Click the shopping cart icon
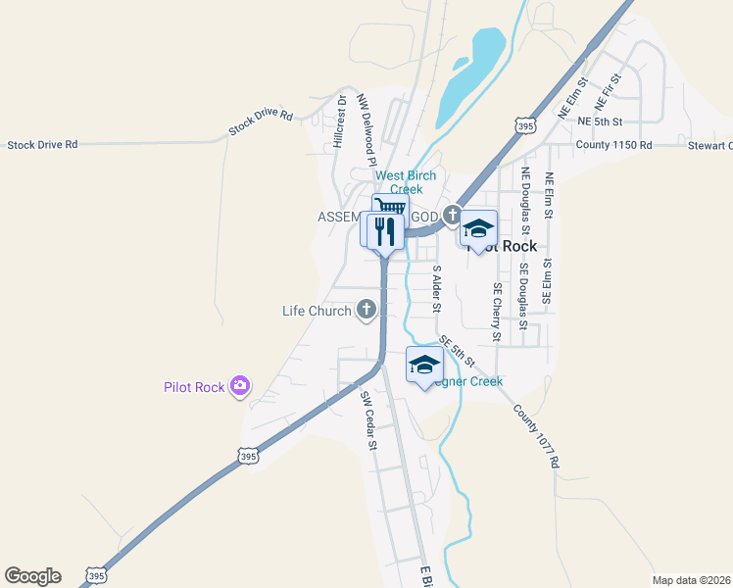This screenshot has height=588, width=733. click(x=390, y=207)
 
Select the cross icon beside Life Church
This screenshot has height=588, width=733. click(x=366, y=311)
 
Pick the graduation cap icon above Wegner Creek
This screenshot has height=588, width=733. click(x=423, y=365)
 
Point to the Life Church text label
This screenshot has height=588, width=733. click(x=317, y=312)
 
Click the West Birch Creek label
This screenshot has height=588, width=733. click(x=406, y=182)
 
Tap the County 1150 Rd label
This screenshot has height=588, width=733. click(x=613, y=145)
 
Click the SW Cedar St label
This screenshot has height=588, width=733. click(x=368, y=420)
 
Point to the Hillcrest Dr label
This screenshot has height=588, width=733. click(x=340, y=122)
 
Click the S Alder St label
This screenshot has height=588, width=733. click(x=437, y=289)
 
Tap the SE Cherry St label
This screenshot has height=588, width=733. click(x=498, y=313)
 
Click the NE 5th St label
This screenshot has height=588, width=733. click(x=601, y=122)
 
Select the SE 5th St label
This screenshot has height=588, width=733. click(x=457, y=349)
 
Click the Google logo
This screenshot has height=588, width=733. click(x=32, y=576)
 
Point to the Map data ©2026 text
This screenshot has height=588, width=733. click(x=692, y=579)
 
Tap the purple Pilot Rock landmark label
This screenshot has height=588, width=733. click(x=194, y=387)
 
